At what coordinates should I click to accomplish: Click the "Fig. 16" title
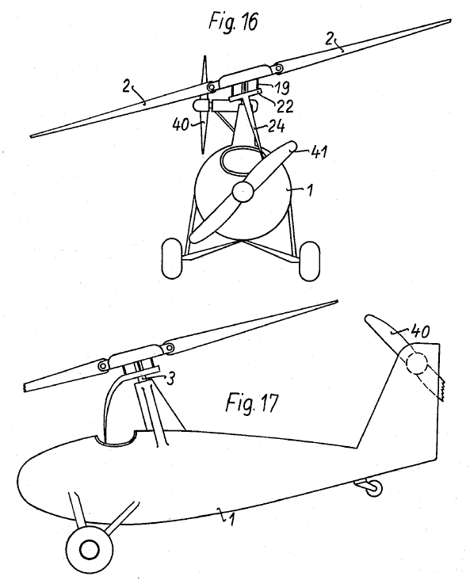pyautogui.click(x=233, y=21)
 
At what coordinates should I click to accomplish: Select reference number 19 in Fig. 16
pyautogui.click(x=281, y=87)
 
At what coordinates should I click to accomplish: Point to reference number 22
pyautogui.click(x=285, y=106)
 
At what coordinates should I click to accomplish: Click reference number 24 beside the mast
pyautogui.click(x=276, y=126)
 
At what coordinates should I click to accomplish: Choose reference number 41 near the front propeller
pyautogui.click(x=319, y=151)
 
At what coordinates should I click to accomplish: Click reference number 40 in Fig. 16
pyautogui.click(x=181, y=124)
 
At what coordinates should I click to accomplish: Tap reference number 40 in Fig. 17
pyautogui.click(x=420, y=331)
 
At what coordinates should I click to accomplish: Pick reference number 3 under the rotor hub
pyautogui.click(x=170, y=379)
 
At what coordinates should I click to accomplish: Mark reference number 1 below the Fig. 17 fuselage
pyautogui.click(x=231, y=519)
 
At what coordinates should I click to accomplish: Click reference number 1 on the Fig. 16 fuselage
pyautogui.click(x=310, y=190)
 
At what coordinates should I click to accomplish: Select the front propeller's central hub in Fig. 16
pyautogui.click(x=243, y=191)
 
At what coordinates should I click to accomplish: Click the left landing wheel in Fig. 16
pyautogui.click(x=172, y=258)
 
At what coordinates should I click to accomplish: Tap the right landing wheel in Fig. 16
pyautogui.click(x=309, y=261)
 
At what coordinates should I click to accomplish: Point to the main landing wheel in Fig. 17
pyautogui.click(x=89, y=548)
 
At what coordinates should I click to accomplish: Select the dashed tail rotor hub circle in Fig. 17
pyautogui.click(x=417, y=363)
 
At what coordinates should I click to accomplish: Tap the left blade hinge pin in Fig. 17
pyautogui.click(x=102, y=366)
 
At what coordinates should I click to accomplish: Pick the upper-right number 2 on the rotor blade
pyautogui.click(x=329, y=39)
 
